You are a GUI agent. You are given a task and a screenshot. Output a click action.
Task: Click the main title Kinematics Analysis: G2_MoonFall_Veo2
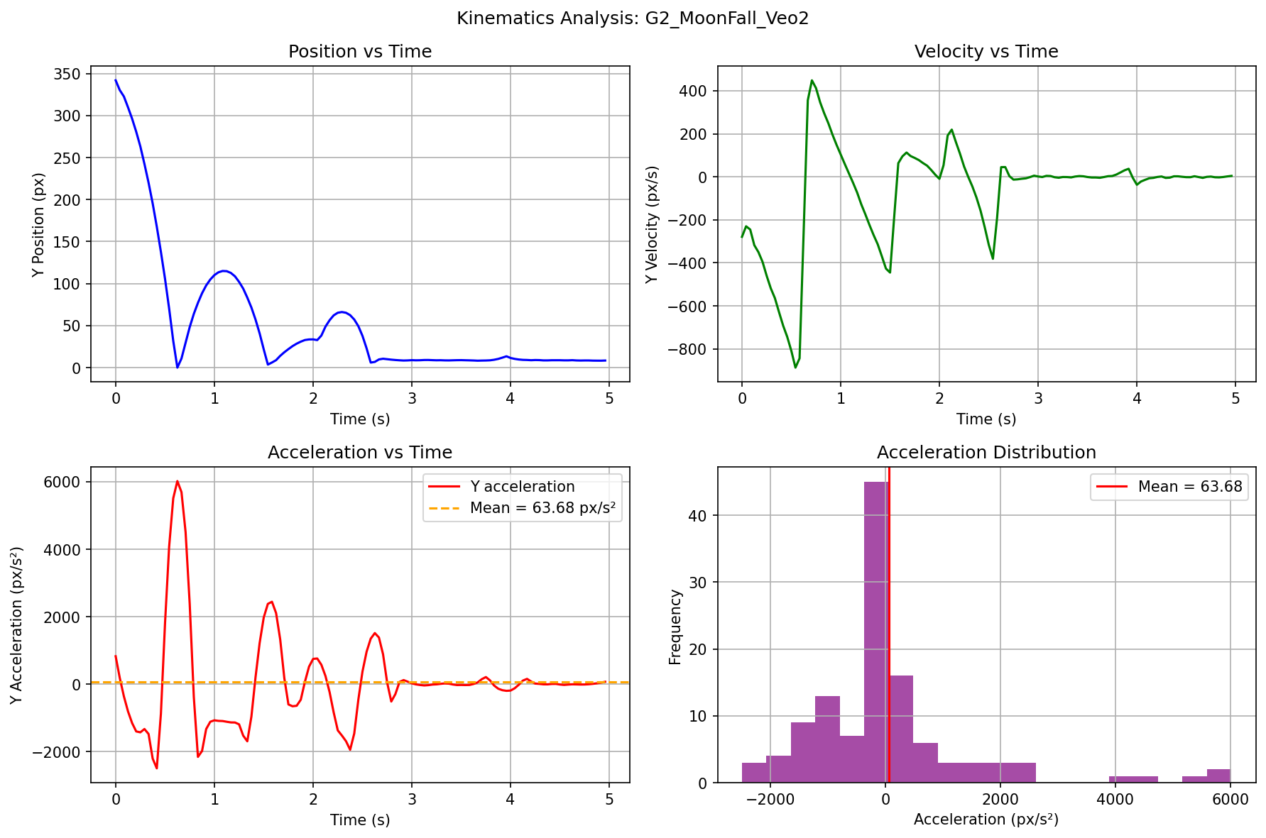click(x=633, y=18)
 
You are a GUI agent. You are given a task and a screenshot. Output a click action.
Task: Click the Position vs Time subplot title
click(x=360, y=52)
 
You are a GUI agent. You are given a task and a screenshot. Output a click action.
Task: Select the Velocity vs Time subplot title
click(x=986, y=52)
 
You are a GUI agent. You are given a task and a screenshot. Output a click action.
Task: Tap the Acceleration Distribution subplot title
click(x=986, y=453)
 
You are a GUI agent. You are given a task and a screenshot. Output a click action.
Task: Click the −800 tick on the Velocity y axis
click(x=688, y=350)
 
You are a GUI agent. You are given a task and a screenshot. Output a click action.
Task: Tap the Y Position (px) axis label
click(x=39, y=224)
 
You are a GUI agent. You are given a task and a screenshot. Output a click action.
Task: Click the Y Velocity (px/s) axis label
click(x=652, y=224)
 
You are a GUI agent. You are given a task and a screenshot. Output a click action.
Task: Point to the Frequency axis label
click(x=675, y=627)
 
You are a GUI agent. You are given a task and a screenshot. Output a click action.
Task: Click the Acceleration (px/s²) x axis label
click(x=986, y=820)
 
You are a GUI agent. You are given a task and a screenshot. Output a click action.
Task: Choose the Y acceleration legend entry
click(x=522, y=487)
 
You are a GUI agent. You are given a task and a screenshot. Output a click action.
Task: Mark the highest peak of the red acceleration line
click(x=178, y=481)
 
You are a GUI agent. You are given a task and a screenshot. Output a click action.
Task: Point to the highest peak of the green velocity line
click(x=812, y=80)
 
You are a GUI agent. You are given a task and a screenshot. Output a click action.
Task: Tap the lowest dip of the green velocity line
click(x=795, y=368)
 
